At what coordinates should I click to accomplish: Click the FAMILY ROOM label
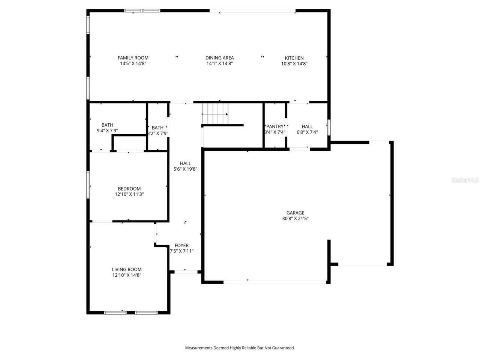click(x=133, y=58)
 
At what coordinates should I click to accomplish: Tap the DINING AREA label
click(x=219, y=58)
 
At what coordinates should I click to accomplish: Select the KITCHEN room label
click(x=294, y=58)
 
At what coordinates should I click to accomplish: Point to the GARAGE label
click(x=295, y=213)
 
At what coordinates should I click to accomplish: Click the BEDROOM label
click(x=129, y=189)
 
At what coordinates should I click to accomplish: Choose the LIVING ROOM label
click(x=127, y=269)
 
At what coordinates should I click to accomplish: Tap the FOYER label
click(x=181, y=246)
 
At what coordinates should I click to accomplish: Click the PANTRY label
click(x=275, y=126)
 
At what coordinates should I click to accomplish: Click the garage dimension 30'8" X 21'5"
click(x=295, y=218)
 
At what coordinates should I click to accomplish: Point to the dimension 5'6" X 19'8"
click(x=185, y=169)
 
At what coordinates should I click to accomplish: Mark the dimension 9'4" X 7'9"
click(x=107, y=131)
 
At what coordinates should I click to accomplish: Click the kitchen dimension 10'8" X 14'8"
click(x=294, y=64)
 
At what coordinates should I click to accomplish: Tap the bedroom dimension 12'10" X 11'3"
click(x=129, y=194)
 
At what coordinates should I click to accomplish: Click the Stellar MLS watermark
click(x=465, y=180)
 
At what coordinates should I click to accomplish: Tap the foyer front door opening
click(x=185, y=271)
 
